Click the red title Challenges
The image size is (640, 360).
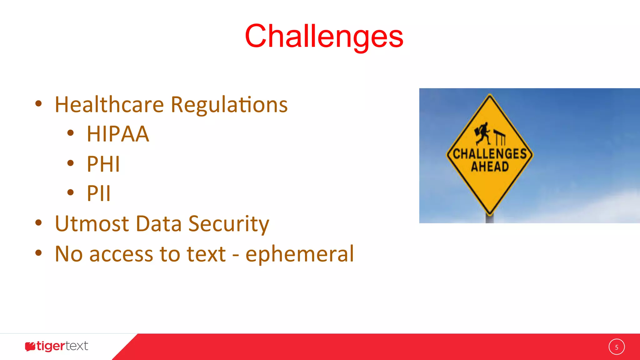coord(324,37)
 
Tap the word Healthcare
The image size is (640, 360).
coord(109,105)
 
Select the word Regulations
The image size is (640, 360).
coord(229,105)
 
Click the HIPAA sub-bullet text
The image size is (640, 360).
coord(118,134)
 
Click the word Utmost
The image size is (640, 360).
coord(92,224)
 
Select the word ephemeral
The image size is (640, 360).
coord(299,254)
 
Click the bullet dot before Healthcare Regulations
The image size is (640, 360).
coord(38,104)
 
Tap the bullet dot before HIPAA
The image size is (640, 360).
coord(71,133)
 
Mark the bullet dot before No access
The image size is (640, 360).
coord(38,252)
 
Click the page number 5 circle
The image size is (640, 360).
coord(616,347)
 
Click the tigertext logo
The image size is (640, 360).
coord(57,346)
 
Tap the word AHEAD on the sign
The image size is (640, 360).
coord(490,167)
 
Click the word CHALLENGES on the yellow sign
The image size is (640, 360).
coord(490,154)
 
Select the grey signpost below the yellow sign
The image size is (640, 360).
coord(489,218)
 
